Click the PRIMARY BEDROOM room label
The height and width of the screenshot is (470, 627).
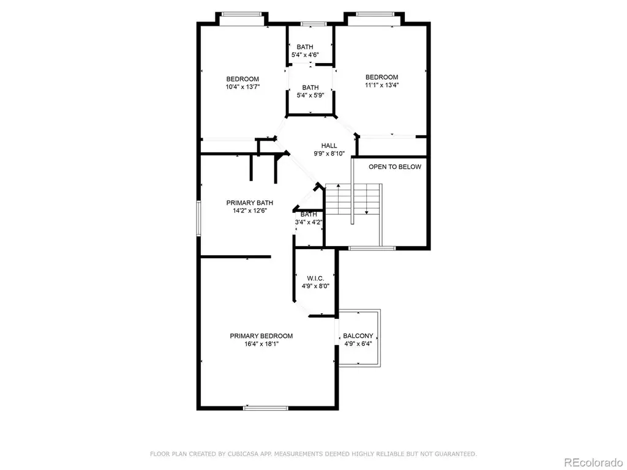click(261, 336)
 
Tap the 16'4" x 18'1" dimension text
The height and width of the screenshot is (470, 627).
click(261, 344)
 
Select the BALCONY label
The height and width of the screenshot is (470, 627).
click(358, 336)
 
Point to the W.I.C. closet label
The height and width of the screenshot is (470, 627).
click(315, 278)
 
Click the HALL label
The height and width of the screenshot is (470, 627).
click(329, 146)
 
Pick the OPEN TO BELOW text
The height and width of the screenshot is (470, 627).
click(395, 167)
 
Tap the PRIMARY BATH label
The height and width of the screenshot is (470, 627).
click(250, 203)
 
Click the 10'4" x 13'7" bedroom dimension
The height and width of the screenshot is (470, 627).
click(242, 87)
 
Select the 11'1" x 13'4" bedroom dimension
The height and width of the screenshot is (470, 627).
click(382, 84)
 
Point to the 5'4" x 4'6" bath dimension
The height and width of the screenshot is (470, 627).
click(305, 54)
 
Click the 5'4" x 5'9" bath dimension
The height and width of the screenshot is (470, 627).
click(310, 95)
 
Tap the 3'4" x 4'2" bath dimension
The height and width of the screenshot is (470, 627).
click(309, 222)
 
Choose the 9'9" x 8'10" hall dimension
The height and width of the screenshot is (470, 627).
click(329, 154)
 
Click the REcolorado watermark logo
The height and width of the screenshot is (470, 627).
click(593, 463)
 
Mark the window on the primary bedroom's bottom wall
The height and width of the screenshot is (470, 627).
click(266, 408)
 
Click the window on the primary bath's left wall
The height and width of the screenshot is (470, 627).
click(198, 218)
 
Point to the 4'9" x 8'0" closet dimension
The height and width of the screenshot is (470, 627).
click(315, 286)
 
